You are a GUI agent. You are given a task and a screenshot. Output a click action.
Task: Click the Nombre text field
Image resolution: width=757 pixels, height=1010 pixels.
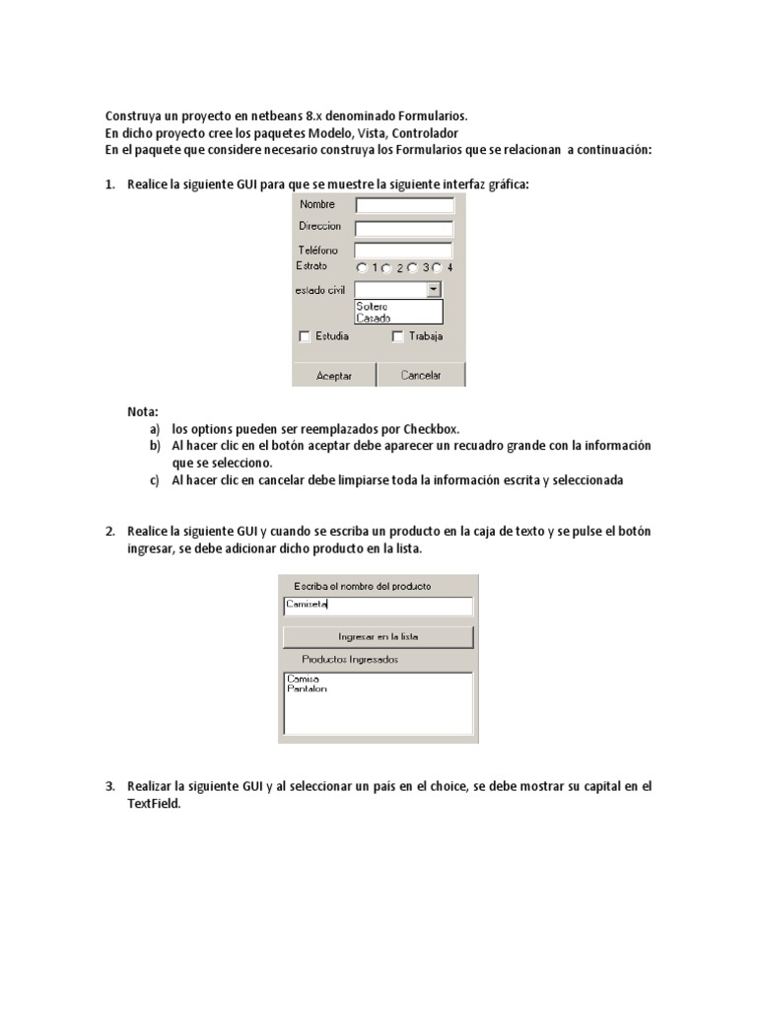click(x=404, y=205)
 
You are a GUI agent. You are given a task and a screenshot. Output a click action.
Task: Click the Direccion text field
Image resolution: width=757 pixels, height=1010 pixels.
click(x=404, y=228)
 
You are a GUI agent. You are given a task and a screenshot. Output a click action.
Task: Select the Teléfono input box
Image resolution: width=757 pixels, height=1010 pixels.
click(x=403, y=251)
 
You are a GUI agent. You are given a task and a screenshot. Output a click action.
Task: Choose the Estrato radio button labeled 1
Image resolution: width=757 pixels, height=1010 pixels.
click(x=362, y=267)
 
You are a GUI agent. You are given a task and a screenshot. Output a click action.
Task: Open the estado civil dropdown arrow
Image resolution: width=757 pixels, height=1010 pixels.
click(x=434, y=289)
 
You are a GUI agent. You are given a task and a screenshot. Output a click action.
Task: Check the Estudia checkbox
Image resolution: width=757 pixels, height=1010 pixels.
click(x=305, y=336)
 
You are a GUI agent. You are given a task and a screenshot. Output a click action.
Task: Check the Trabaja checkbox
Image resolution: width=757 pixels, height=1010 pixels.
click(x=398, y=336)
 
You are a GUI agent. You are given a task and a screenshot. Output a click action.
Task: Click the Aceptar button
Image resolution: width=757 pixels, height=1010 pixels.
click(x=333, y=375)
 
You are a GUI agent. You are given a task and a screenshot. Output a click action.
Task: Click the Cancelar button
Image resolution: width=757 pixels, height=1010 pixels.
click(x=421, y=375)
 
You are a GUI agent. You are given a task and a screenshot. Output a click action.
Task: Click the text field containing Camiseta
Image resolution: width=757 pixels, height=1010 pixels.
click(x=378, y=606)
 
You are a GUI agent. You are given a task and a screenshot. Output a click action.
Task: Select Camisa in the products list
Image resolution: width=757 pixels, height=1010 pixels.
click(x=303, y=679)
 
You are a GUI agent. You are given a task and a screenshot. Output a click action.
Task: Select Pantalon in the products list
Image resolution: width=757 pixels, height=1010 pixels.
click(x=307, y=688)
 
